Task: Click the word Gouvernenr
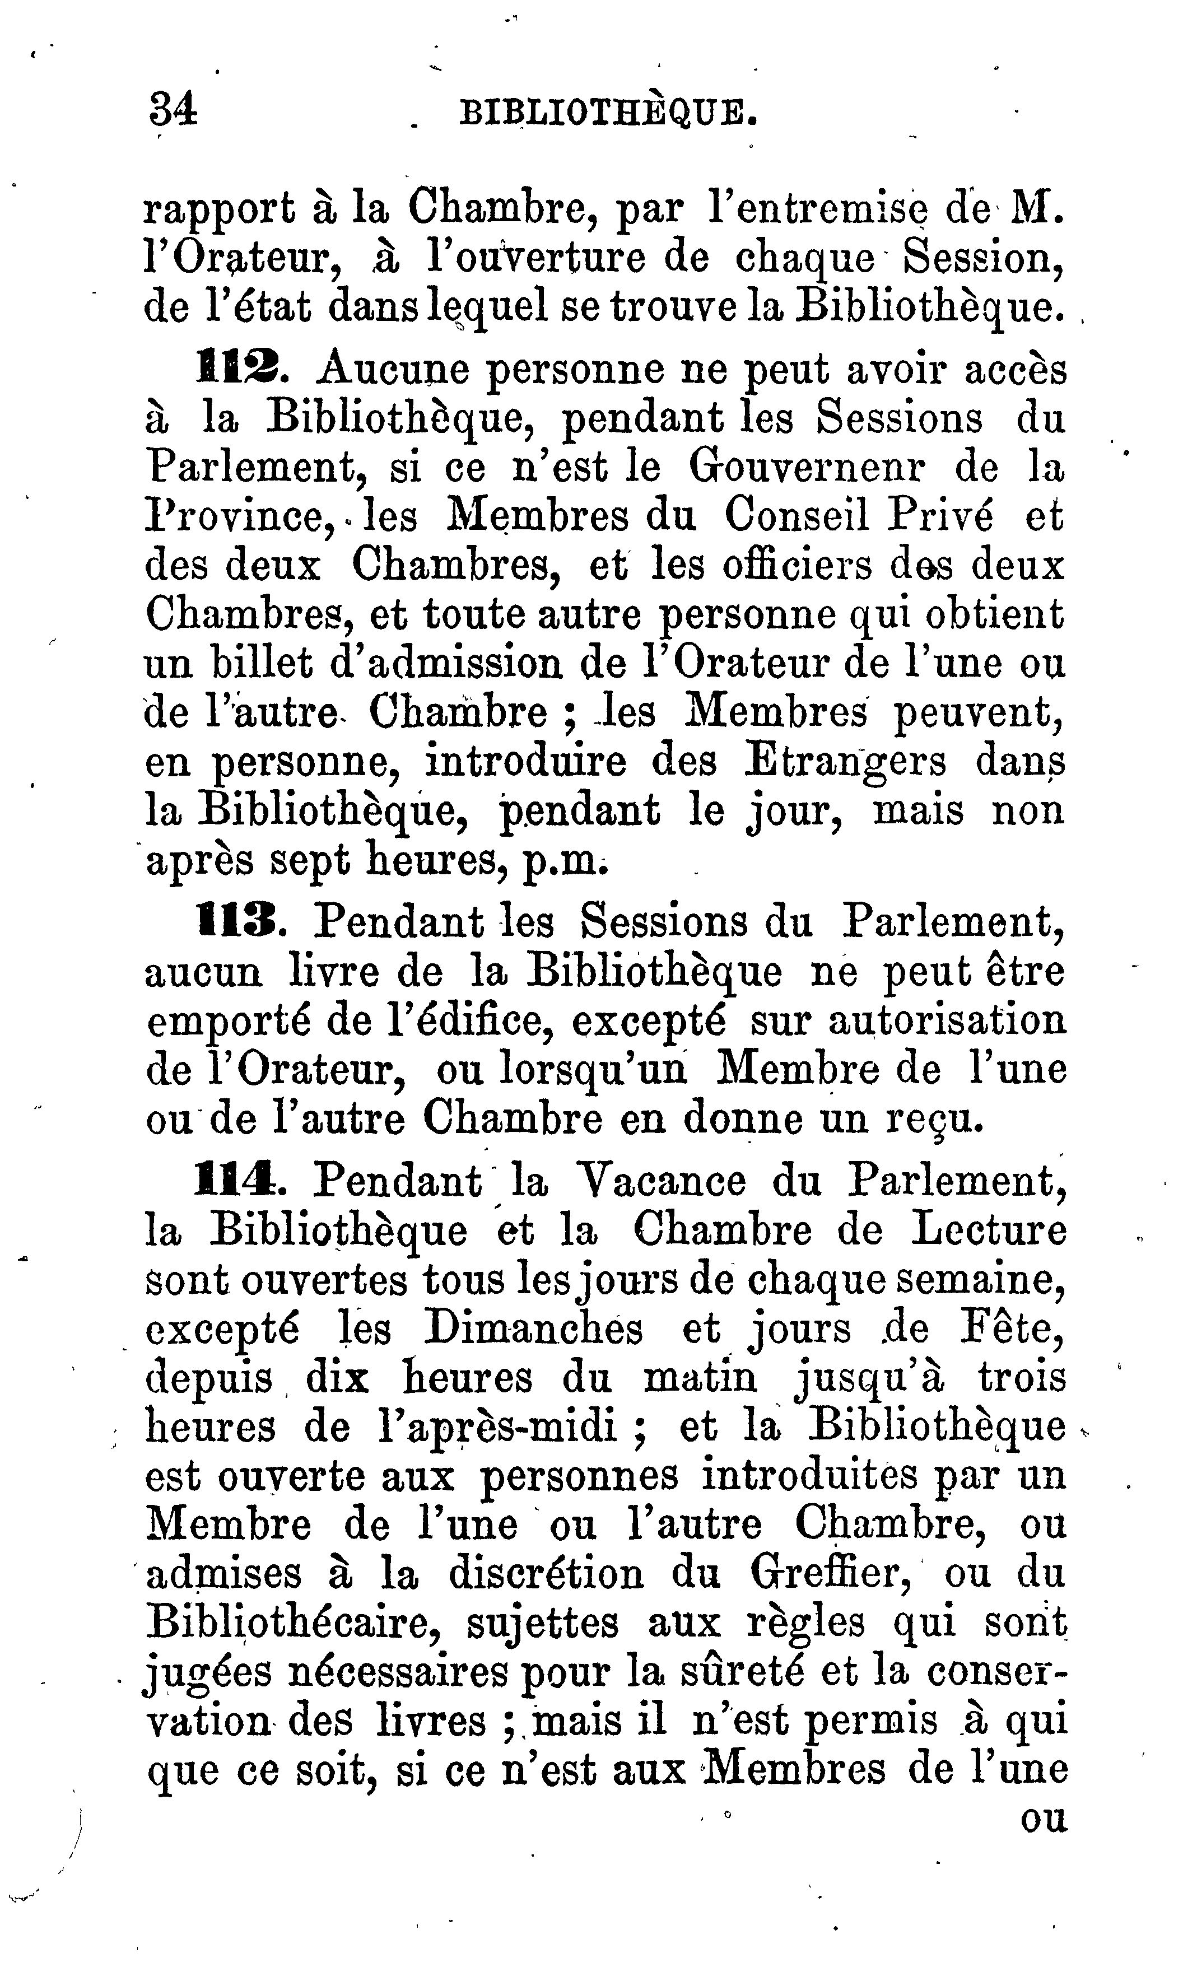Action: (807, 467)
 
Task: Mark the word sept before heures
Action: (309, 861)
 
